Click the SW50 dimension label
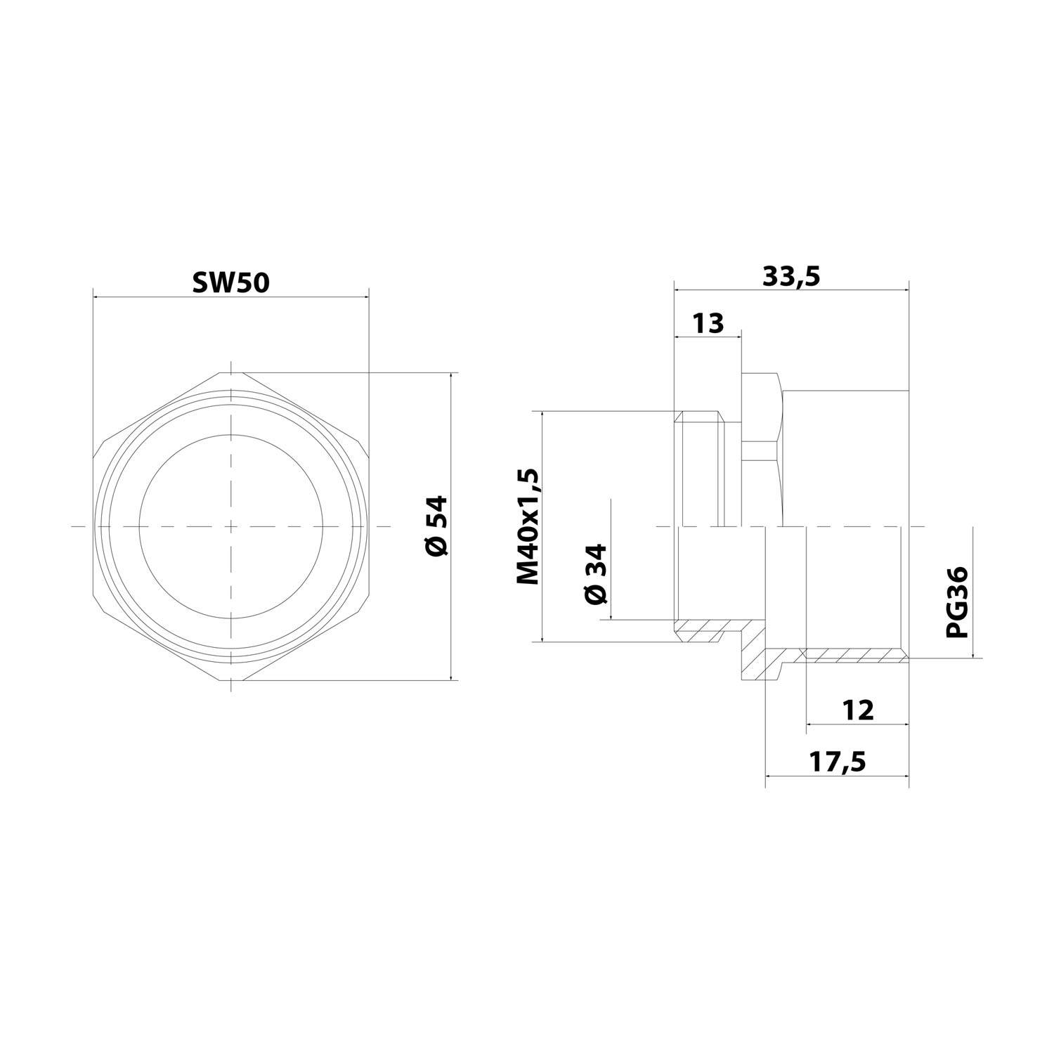pos(230,282)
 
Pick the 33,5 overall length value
pos(791,277)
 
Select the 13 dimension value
pos(708,324)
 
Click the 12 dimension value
pos(858,710)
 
